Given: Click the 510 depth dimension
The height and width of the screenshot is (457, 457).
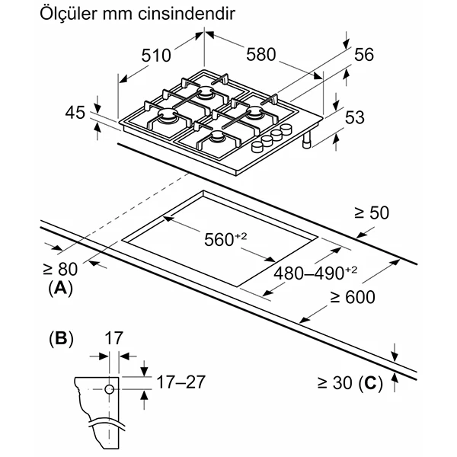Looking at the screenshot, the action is (156, 56).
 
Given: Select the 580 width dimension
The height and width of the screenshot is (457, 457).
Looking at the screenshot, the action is (260, 55).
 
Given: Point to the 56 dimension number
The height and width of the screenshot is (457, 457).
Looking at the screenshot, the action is (364, 55).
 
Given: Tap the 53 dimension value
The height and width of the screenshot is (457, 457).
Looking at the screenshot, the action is (355, 117).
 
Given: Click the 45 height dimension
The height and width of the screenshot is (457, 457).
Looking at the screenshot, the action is (75, 113).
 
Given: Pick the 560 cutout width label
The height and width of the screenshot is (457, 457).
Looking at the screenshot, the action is (225, 239).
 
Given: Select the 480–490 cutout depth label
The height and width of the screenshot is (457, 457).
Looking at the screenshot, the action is (315, 273).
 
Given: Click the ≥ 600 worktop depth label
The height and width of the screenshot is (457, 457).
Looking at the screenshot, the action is (353, 297).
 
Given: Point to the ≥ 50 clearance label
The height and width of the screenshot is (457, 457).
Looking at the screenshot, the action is (372, 213).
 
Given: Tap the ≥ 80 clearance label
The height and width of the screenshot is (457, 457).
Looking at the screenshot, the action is (60, 269).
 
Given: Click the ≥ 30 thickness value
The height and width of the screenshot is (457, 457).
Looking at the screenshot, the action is (335, 382).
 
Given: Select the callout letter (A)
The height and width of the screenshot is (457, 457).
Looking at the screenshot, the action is (61, 288).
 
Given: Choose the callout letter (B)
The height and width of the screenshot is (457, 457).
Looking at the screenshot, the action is (61, 339).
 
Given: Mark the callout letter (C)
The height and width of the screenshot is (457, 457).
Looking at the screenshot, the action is (370, 382).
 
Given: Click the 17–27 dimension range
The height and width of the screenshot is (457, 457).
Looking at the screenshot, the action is (181, 382).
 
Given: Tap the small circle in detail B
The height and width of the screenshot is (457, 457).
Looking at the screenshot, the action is (109, 389).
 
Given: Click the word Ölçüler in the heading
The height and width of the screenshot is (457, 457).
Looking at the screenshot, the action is (69, 14).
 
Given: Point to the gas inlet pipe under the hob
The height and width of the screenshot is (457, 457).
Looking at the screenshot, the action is (307, 139).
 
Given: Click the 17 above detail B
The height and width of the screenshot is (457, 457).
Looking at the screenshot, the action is (113, 338).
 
